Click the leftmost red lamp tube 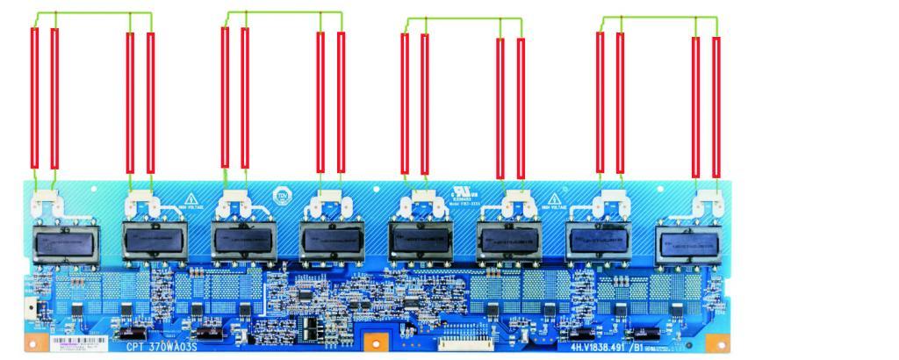(35, 99)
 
